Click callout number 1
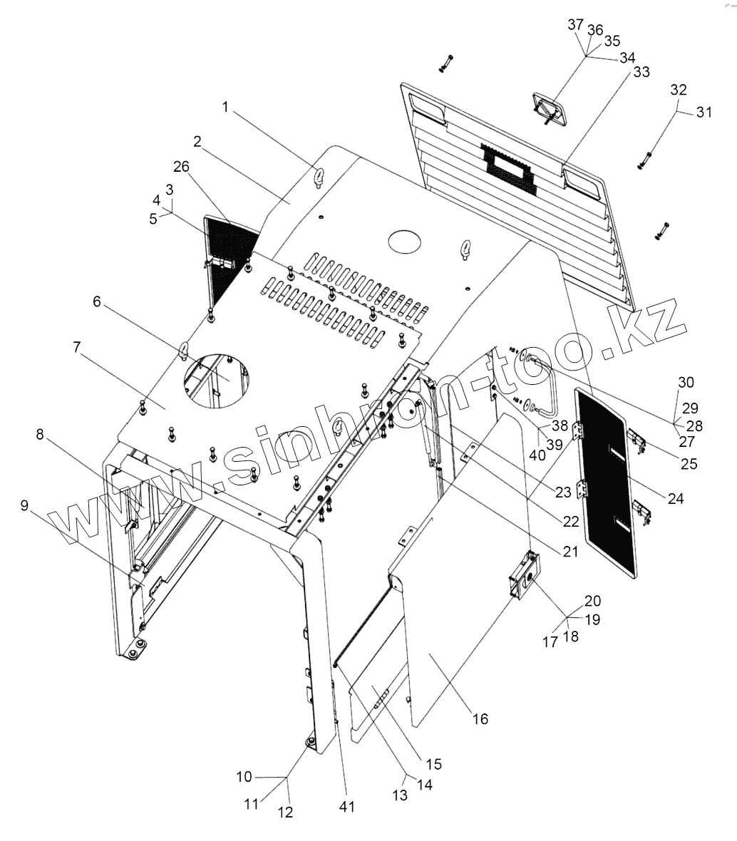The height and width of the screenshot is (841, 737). coord(226,108)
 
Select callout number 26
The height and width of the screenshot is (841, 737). coord(181,167)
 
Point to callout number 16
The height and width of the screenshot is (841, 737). coord(480,718)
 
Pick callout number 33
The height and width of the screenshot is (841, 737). coord(641,72)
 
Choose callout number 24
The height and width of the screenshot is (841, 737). coord(676,498)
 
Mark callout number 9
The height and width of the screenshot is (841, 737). coord(25,506)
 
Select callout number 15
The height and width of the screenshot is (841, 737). coord(433,764)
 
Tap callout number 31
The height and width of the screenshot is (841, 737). coord(704,112)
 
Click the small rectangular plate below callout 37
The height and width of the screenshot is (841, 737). coord(547,108)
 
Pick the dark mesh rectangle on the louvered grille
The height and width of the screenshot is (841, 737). coord(507,165)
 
